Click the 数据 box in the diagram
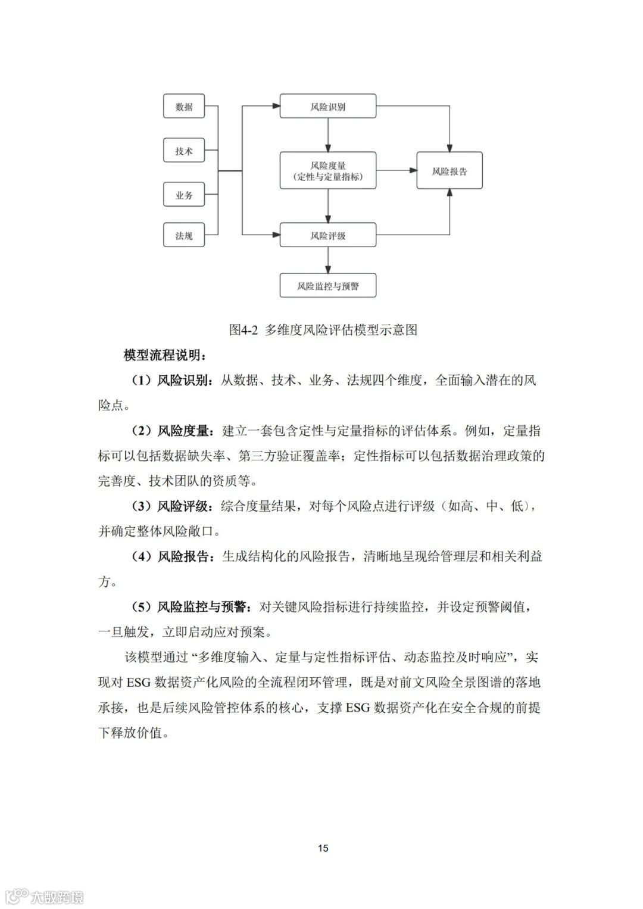coord(184,107)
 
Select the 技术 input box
coord(184,151)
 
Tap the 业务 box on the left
coord(184,195)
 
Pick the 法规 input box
coord(184,235)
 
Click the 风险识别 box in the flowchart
coord(328,107)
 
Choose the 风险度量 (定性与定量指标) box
coord(328,171)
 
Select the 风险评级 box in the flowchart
coord(328,235)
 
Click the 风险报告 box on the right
coord(450,171)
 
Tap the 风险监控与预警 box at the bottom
coord(328,286)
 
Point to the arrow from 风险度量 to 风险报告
coord(397,171)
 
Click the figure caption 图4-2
coord(323,329)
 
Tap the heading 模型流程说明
coord(165,356)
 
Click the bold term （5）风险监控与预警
coord(191,607)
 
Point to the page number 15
coord(323,848)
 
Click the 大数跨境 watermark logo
coord(45,896)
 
